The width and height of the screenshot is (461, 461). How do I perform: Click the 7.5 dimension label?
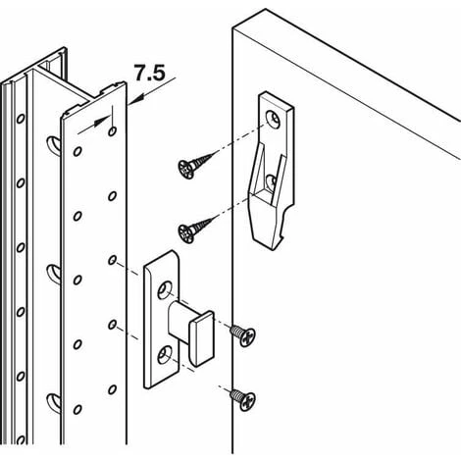(149, 73)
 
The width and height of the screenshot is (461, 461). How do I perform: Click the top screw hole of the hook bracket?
(273, 119)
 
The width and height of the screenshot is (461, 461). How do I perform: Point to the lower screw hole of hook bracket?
(271, 181)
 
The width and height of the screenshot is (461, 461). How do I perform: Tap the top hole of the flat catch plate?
(165, 290)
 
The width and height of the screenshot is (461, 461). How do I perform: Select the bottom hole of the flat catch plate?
(165, 355)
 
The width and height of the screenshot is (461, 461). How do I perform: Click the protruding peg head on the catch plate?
(201, 338)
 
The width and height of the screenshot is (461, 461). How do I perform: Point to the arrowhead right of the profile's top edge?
(134, 99)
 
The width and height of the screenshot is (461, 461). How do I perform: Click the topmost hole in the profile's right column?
(112, 131)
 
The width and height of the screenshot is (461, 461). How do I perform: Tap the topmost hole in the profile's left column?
(77, 151)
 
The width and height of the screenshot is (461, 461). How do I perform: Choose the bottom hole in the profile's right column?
(112, 389)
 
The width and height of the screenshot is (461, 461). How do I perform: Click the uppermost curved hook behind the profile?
(53, 144)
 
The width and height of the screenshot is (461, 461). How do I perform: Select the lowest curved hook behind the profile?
(53, 402)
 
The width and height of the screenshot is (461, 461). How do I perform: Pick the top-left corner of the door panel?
(232, 28)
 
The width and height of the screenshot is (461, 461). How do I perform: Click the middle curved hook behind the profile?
(53, 274)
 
